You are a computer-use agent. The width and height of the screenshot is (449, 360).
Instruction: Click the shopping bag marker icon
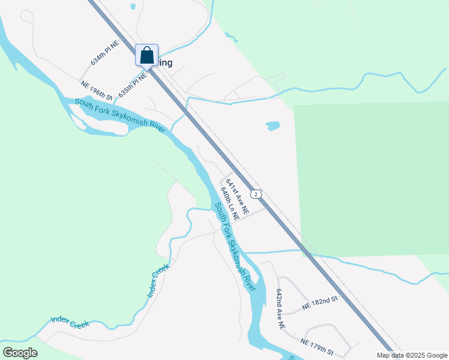point(146,55)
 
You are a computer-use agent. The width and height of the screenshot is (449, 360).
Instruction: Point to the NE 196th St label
point(97,91)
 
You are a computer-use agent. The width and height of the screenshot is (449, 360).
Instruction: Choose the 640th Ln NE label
point(230,203)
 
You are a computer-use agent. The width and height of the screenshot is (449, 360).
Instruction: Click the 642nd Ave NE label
point(280,308)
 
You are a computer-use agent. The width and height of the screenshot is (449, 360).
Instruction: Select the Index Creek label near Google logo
point(70,322)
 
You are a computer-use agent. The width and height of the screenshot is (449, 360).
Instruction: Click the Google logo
point(20,353)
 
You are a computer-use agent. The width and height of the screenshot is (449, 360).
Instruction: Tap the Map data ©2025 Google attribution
point(412,355)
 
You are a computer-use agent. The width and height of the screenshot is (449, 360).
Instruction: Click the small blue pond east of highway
point(273,126)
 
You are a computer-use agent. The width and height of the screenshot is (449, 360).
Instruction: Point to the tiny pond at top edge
point(133,7)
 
